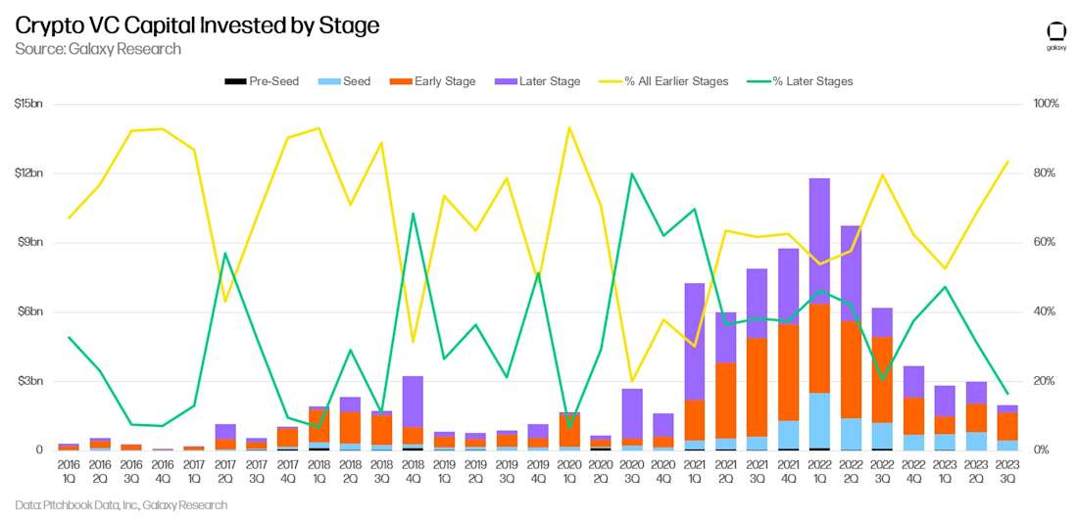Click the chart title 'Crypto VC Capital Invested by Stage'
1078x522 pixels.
[x=197, y=25]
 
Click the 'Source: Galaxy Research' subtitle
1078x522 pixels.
[x=98, y=49]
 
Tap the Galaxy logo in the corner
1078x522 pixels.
[x=1056, y=35]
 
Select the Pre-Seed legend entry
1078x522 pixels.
[x=262, y=81]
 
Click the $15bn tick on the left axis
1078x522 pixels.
[x=28, y=104]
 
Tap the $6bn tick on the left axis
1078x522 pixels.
[x=28, y=311]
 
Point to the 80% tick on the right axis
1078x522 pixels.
[x=1046, y=173]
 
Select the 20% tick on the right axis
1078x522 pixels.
[x=1046, y=381]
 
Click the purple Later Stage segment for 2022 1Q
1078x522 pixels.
[x=819, y=241]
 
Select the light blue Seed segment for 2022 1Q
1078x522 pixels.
[x=819, y=420]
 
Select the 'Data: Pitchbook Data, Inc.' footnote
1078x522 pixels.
[x=122, y=505]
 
